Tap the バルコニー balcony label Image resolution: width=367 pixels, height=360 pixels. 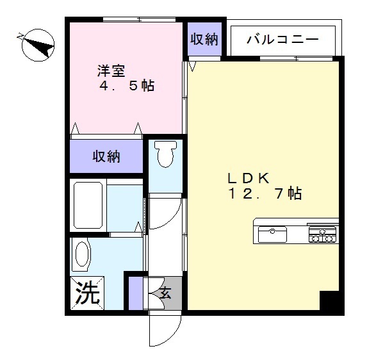coord(283,40)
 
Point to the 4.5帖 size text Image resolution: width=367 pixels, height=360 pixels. coord(126,85)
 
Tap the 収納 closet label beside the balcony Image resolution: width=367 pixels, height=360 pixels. coord(204,38)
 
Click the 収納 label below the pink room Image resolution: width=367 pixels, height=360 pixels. coord(106,156)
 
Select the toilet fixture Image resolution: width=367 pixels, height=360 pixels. coord(165,154)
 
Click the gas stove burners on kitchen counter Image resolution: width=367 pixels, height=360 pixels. coord(323,234)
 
